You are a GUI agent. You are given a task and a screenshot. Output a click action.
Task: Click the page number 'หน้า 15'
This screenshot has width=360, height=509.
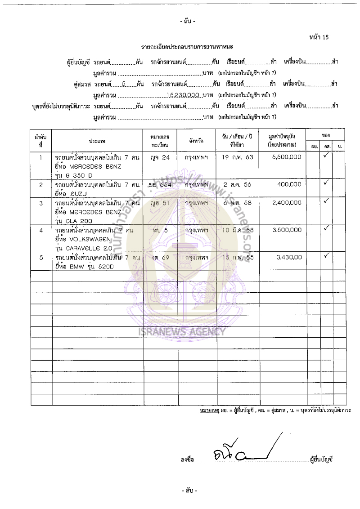319,37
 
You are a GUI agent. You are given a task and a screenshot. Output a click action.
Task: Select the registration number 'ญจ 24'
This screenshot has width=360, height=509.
160,158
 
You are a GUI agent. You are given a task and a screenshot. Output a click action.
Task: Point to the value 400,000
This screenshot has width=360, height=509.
290,185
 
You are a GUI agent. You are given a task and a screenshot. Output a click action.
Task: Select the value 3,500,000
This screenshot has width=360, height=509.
287,230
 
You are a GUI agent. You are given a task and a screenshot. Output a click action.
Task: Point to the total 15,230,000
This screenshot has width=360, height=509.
183,95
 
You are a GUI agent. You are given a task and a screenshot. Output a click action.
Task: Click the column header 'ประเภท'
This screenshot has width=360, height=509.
98,141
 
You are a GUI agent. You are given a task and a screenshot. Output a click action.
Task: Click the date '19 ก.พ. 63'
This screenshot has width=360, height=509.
238,158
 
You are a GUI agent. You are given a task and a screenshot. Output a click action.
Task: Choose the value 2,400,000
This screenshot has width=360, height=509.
287,203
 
